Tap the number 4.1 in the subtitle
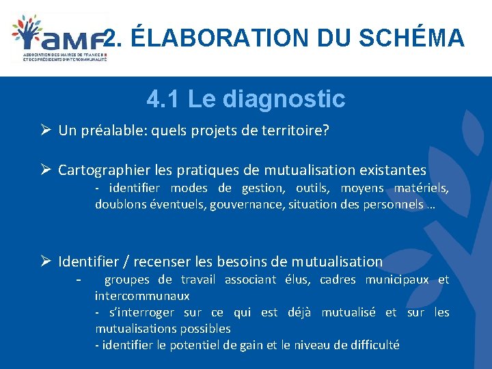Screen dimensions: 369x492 tap(164, 99)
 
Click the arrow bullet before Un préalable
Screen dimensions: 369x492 tap(46, 130)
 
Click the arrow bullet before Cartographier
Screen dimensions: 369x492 tap(46, 169)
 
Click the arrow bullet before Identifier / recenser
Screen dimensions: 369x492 tap(46, 261)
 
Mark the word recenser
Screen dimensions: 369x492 tap(162, 261)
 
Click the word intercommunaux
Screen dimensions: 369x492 tap(142, 296)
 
